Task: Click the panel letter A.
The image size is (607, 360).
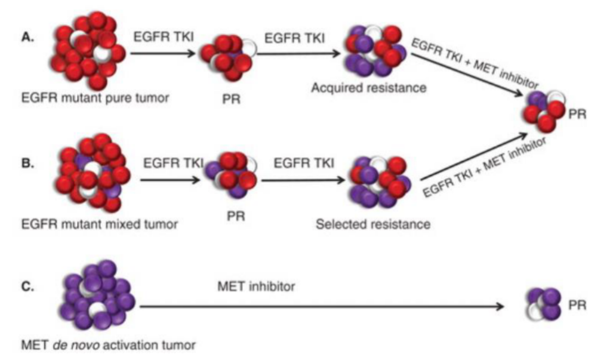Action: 26,37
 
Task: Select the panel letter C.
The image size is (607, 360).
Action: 26,285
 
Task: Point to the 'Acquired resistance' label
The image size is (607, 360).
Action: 368,88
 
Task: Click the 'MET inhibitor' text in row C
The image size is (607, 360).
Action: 257,287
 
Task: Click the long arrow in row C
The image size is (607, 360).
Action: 322,307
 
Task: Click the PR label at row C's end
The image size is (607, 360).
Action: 577,304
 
